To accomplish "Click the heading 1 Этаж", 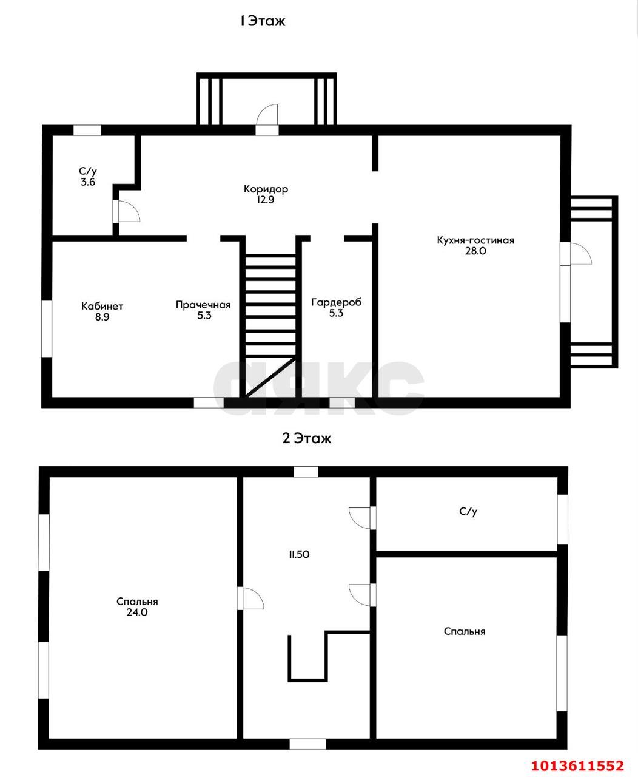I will [x=263, y=21].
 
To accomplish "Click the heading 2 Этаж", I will [x=307, y=438].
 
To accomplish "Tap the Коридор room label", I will [x=266, y=189].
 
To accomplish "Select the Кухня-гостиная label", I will [x=475, y=240].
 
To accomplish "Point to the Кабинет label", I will [x=102, y=305].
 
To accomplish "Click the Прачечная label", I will [x=203, y=305].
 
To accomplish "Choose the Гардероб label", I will [x=336, y=302].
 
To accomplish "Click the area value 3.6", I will [x=88, y=182].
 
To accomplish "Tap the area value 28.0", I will [x=475, y=251].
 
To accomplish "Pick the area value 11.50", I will [x=300, y=554].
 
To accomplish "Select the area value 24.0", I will [x=137, y=612].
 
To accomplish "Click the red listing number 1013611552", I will [x=578, y=765].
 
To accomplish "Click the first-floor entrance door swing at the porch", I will [x=267, y=115].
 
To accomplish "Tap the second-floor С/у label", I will [x=468, y=512].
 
